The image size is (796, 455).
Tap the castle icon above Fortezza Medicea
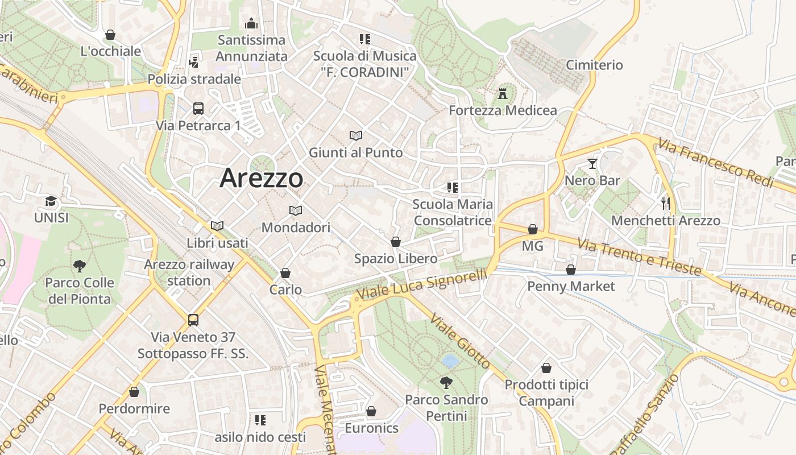pyautogui.click(x=503, y=93)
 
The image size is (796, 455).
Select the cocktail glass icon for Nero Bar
pyautogui.click(x=592, y=164)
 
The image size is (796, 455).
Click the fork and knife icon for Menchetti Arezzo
pyautogui.click(x=666, y=203)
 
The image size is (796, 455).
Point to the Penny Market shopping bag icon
pyautogui.click(x=571, y=270)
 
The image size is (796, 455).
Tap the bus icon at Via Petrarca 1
pyautogui.click(x=198, y=108)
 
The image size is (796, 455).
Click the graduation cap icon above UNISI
pyautogui.click(x=51, y=201)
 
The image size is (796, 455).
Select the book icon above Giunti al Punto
pyautogui.click(x=356, y=136)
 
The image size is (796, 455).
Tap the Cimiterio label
pyautogui.click(x=594, y=65)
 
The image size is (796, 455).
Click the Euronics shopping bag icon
pyautogui.click(x=371, y=411)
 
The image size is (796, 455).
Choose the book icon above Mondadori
pyautogui.click(x=296, y=211)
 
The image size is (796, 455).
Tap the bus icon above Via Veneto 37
pyautogui.click(x=193, y=320)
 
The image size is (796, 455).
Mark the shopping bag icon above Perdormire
pyautogui.click(x=134, y=392)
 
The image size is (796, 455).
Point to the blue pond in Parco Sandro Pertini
pyautogui.click(x=450, y=361)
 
